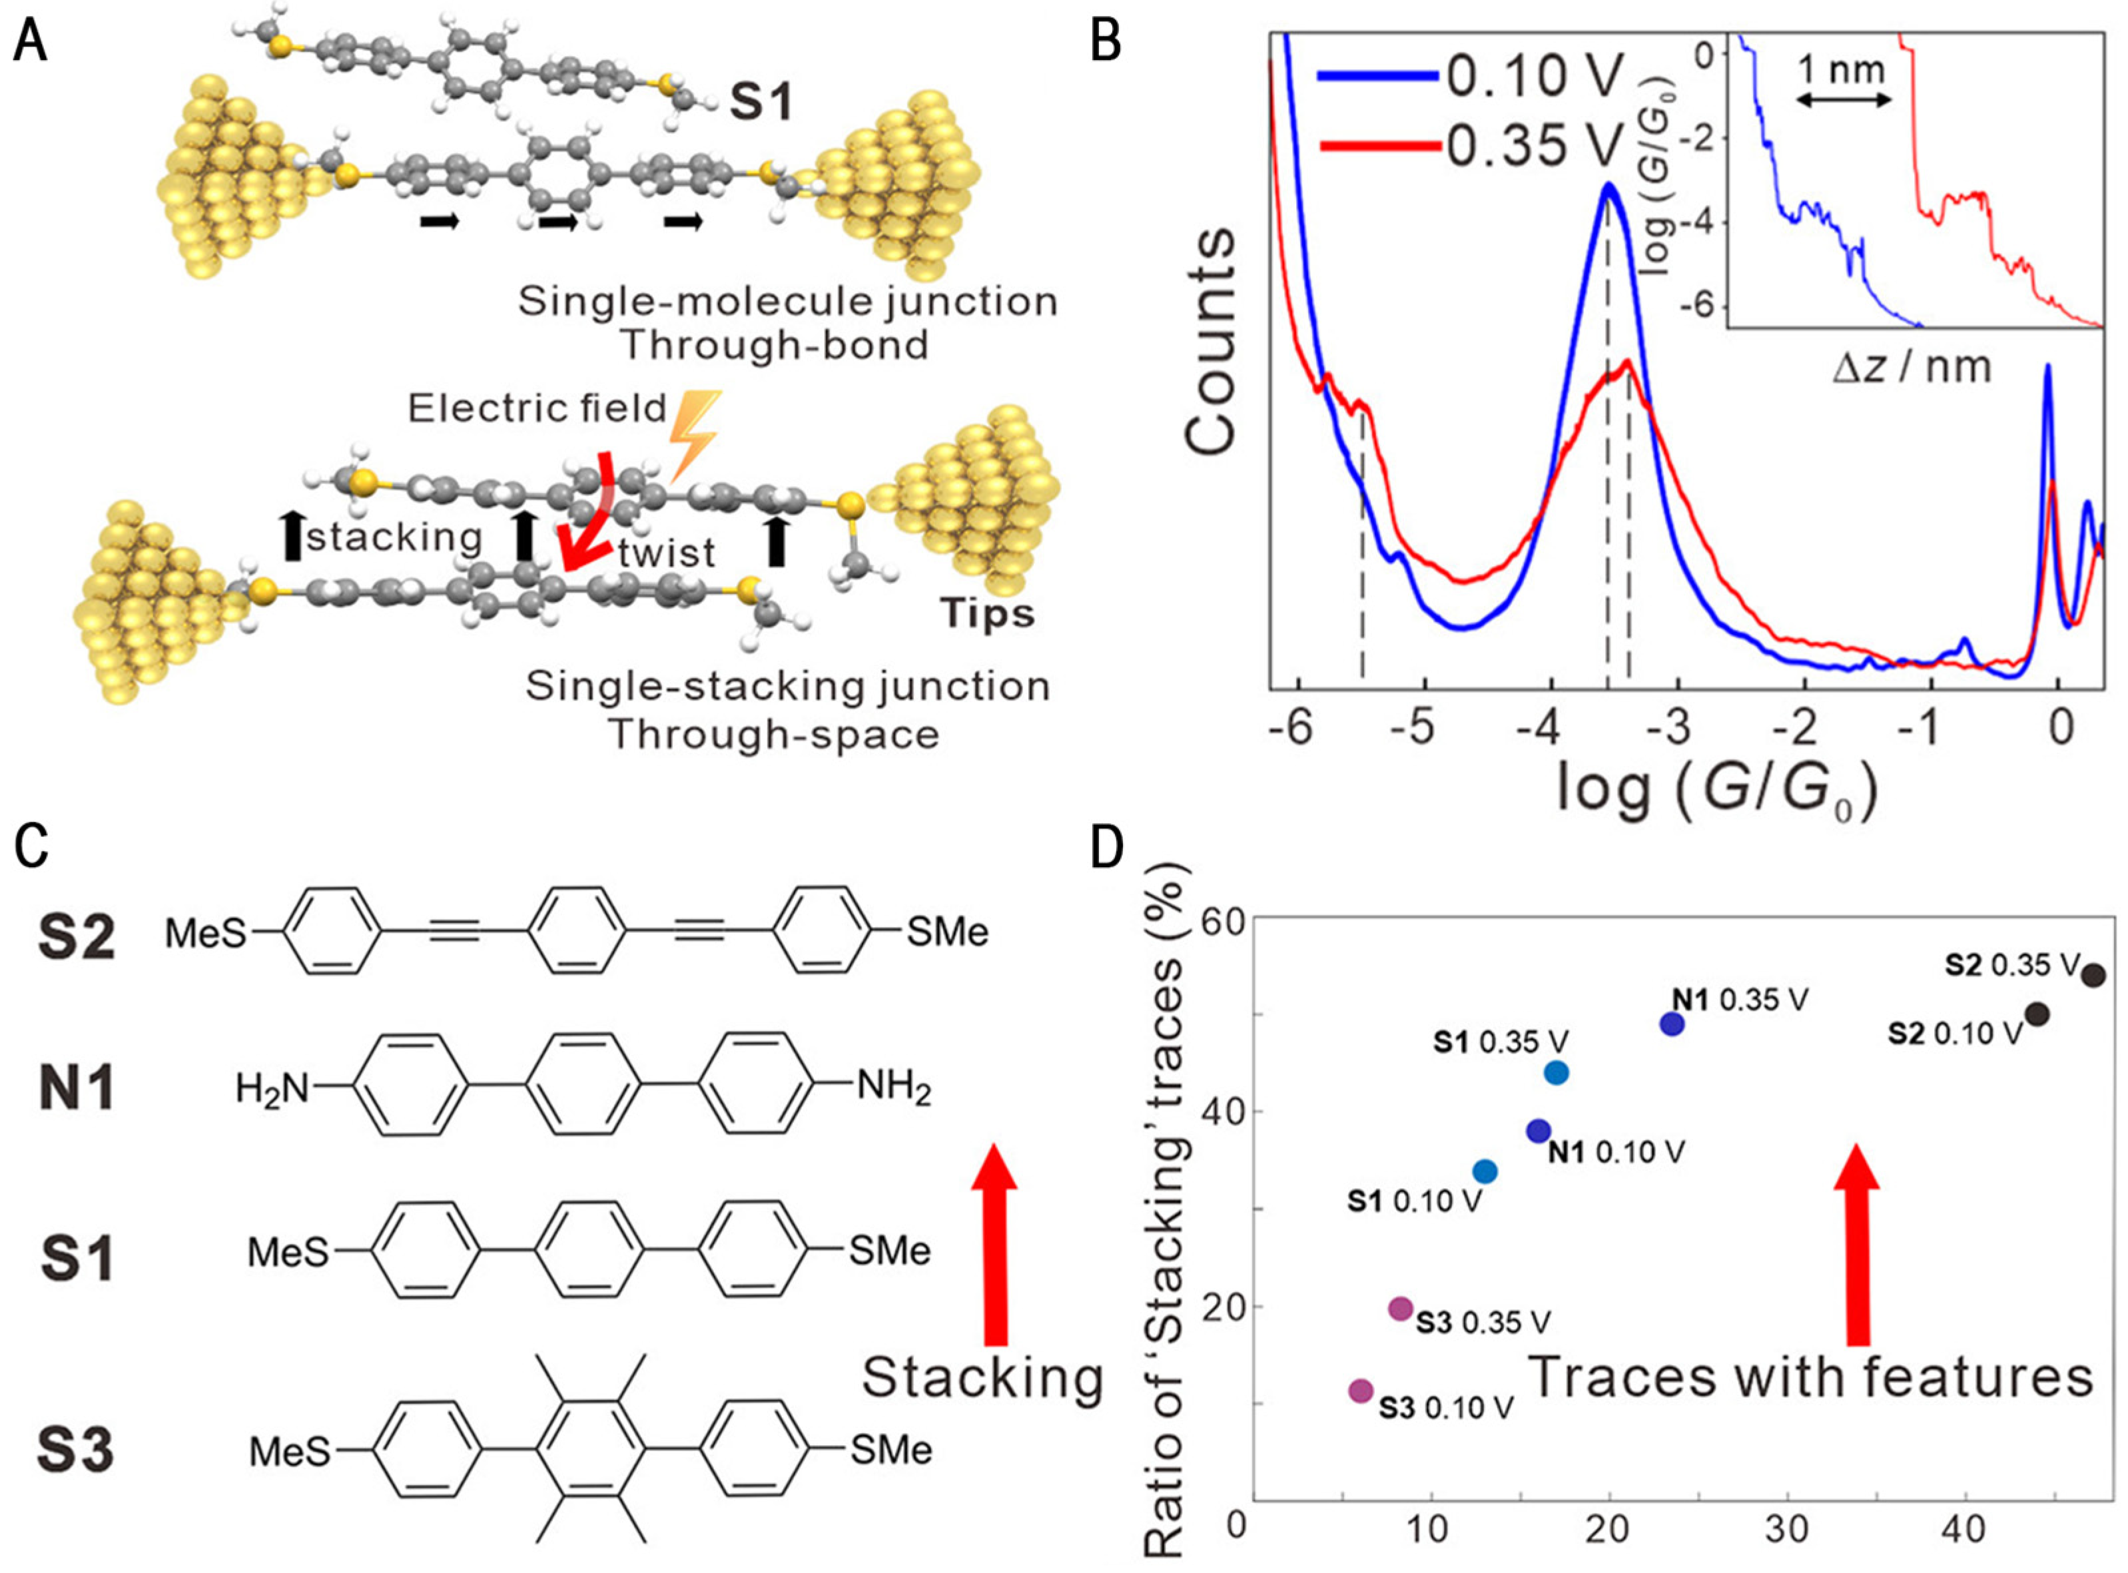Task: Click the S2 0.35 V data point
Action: pyautogui.click(x=2094, y=975)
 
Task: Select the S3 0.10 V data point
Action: pyautogui.click(x=1361, y=1391)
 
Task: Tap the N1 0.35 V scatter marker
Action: pyautogui.click(x=1672, y=1024)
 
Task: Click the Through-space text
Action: pyautogui.click(x=773, y=734)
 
